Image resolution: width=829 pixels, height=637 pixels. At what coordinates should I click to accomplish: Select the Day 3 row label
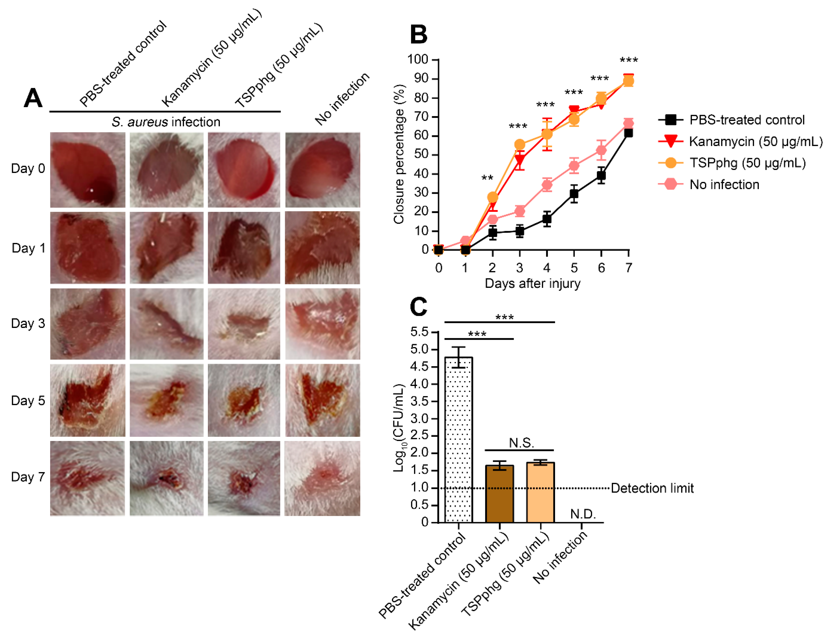(x=28, y=324)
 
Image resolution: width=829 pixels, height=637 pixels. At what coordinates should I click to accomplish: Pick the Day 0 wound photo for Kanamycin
(x=166, y=170)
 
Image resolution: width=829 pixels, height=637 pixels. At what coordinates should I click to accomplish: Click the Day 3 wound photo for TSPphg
(x=244, y=324)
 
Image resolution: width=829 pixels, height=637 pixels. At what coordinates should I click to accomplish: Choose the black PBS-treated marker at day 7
(x=628, y=133)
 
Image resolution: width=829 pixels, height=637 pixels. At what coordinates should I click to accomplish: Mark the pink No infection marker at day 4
(x=547, y=185)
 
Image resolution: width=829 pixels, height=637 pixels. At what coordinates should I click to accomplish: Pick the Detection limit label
(x=652, y=488)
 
